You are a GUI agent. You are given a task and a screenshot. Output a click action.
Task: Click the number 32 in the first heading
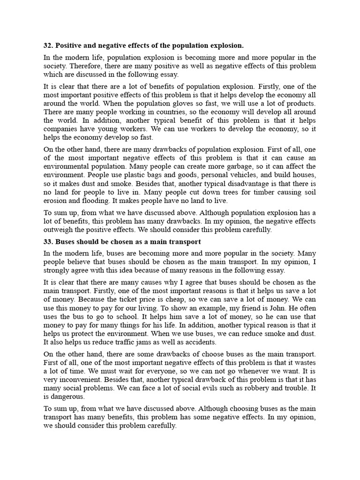pos(47,45)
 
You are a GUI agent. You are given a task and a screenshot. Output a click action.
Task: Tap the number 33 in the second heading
pos(47,242)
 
